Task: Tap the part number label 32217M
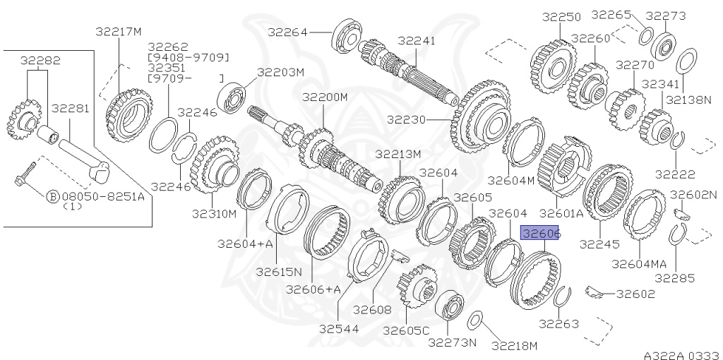pos(119,31)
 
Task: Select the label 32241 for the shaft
pos(417,41)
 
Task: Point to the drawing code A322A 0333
pos(680,355)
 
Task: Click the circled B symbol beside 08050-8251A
pos(52,197)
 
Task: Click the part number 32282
pos(40,61)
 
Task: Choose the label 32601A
pos(561,212)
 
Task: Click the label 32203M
pos(280,72)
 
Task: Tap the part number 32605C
pos(406,330)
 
